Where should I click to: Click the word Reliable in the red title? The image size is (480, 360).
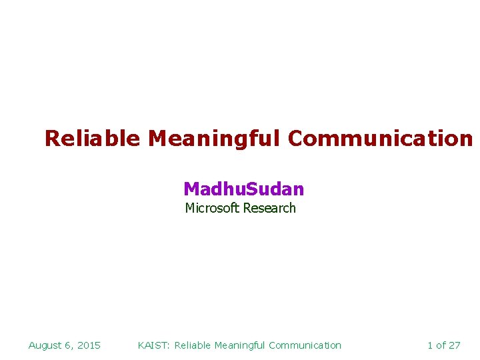[92, 139]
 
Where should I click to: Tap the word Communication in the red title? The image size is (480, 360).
[380, 139]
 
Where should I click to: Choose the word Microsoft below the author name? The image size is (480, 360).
[212, 208]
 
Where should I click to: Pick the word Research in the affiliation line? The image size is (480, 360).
[269, 208]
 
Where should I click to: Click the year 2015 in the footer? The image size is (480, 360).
[89, 345]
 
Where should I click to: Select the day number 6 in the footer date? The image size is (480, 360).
[69, 345]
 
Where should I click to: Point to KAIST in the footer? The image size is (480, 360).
[153, 345]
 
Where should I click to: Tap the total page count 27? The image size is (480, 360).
[454, 345]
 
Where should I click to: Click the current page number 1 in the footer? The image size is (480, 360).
[430, 345]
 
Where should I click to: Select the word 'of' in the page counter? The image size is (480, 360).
[441, 345]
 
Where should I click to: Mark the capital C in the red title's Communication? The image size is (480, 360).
[295, 139]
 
